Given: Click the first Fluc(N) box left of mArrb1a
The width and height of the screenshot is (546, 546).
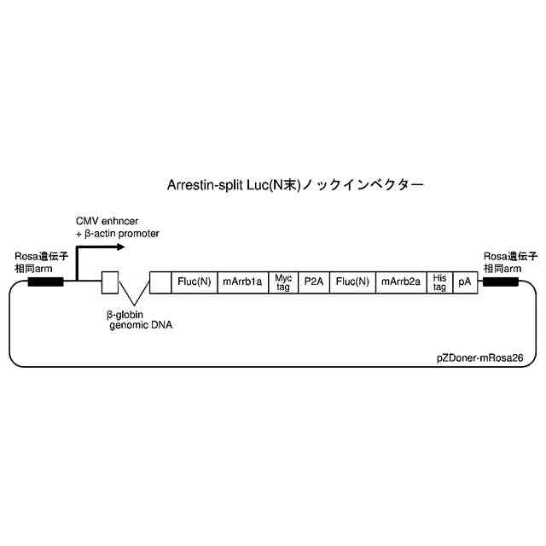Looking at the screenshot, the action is coord(195,282).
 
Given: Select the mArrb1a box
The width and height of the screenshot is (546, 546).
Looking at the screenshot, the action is coord(242,282).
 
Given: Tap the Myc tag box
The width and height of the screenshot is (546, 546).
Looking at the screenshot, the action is coord(283,282).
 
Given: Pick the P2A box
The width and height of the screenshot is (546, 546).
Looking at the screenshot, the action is coord(314,282).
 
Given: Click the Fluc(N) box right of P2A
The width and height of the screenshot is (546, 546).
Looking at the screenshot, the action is coord(352,282).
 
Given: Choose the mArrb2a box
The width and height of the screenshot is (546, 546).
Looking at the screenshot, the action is coord(401,282).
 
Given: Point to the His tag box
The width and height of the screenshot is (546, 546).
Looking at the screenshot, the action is coord(439,282).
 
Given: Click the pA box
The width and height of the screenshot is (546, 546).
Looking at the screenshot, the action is coord(465,282).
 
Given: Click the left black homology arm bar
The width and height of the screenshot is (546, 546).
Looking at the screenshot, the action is coord(45,282).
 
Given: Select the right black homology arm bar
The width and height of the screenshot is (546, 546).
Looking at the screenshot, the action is coord(500,282).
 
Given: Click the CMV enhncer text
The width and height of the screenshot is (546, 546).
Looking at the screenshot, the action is coord(113,221).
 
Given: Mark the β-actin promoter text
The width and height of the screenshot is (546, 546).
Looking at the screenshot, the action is coord(121,233).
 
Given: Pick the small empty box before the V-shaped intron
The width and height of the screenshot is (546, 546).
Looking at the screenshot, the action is coord(109,282).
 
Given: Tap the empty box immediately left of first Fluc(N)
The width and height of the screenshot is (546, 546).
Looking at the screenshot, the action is coord(160,282).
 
